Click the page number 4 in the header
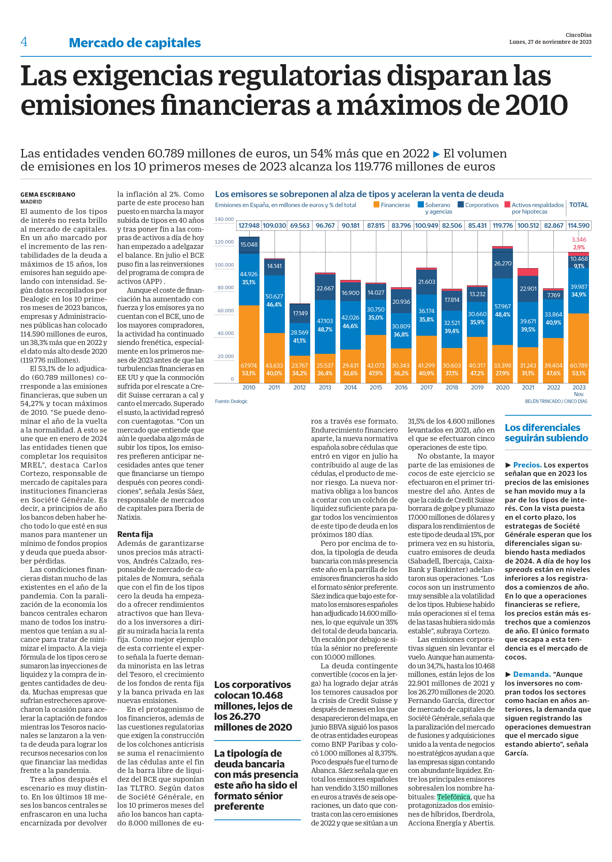(x=24, y=41)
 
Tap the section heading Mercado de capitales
(x=135, y=43)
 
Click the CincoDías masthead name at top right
(x=578, y=35)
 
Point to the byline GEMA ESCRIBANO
(x=48, y=194)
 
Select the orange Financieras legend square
(x=376, y=205)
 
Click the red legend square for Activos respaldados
(x=507, y=205)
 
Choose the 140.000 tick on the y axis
(x=224, y=219)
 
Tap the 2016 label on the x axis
(x=401, y=387)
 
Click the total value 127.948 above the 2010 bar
(x=249, y=225)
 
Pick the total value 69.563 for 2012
(x=300, y=225)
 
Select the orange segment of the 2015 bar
(x=376, y=359)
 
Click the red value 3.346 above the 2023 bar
(x=579, y=239)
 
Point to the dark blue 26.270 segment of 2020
(x=503, y=264)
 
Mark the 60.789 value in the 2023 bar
(x=579, y=365)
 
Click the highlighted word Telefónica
(x=453, y=797)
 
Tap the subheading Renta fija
(x=135, y=534)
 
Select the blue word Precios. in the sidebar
(x=527, y=465)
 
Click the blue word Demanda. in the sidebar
(x=532, y=674)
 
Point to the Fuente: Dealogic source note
(x=231, y=401)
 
